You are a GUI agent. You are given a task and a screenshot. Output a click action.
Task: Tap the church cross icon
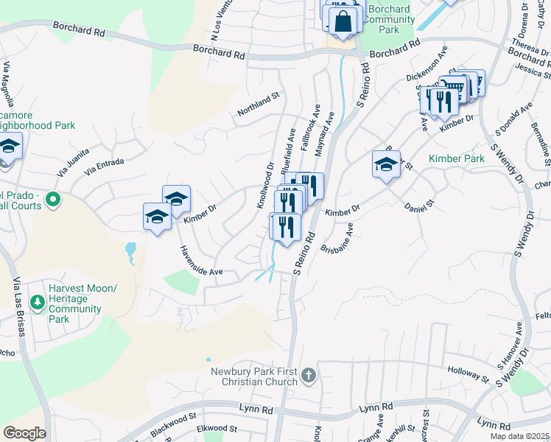pos(309,376)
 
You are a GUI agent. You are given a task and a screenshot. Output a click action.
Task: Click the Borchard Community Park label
pos(389,19)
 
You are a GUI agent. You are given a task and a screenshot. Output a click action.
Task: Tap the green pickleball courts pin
pos(52,199)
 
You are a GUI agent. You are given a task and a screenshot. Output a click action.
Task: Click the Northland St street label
pos(259,105)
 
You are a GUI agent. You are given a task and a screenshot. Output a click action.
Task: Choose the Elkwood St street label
pos(211,428)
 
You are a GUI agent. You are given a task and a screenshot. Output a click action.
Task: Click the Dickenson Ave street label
pos(427,64)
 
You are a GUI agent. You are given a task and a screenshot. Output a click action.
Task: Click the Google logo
pos(24,433)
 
